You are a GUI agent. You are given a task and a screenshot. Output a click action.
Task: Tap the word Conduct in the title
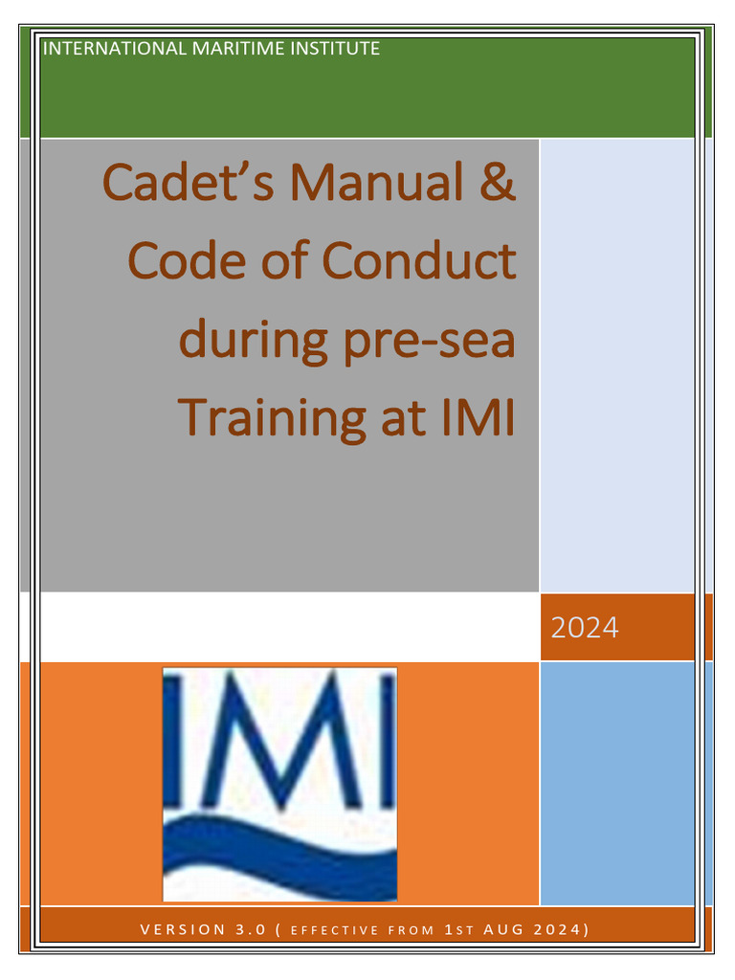tap(419, 260)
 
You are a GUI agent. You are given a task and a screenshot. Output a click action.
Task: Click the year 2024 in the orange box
tap(585, 628)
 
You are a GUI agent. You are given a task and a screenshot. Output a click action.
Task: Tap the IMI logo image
tap(279, 784)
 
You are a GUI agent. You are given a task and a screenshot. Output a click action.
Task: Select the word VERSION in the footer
tap(180, 929)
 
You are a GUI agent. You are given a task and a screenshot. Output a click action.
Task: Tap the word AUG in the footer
tap(500, 929)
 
